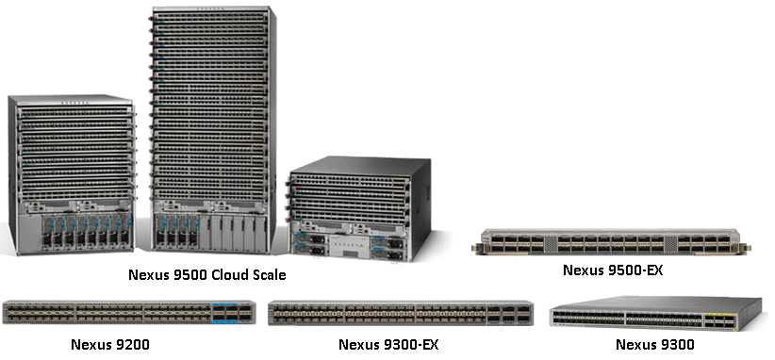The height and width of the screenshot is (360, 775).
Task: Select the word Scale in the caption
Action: (264, 275)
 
